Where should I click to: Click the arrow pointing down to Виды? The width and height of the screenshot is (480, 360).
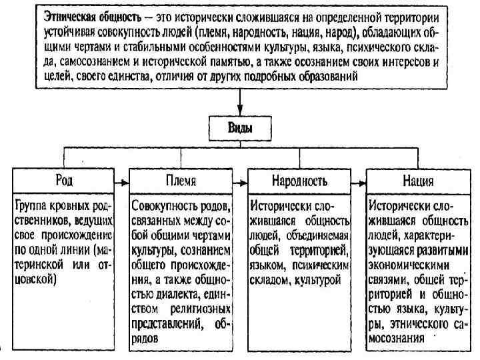(x=240, y=107)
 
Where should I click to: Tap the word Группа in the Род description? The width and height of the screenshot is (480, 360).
(x=33, y=205)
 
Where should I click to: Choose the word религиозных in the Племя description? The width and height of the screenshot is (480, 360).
(x=199, y=309)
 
